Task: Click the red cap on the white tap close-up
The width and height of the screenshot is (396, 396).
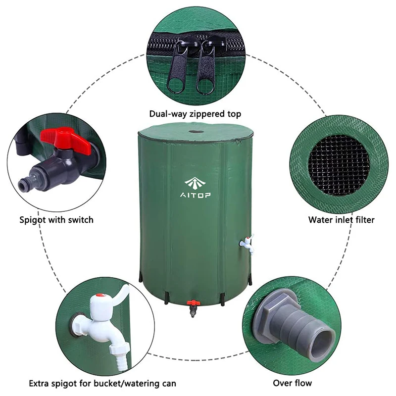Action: [x=100, y=296]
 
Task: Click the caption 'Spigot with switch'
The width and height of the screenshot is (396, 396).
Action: [x=56, y=219]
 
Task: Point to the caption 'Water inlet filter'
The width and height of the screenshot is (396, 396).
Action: [x=342, y=219]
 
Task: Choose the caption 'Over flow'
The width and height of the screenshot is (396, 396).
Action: [x=293, y=383]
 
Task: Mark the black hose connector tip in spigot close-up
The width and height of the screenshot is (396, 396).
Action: [x=23, y=186]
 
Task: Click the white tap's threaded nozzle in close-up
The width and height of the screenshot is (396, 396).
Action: [x=118, y=352]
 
